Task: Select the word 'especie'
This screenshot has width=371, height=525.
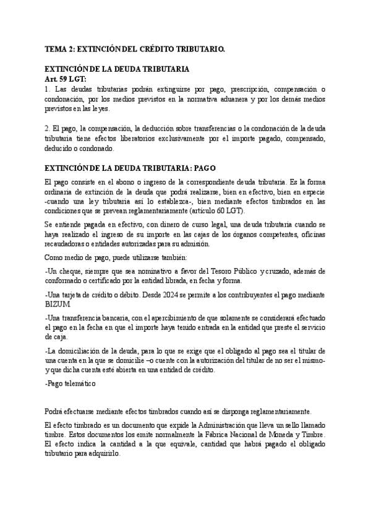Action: click(x=314, y=193)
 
